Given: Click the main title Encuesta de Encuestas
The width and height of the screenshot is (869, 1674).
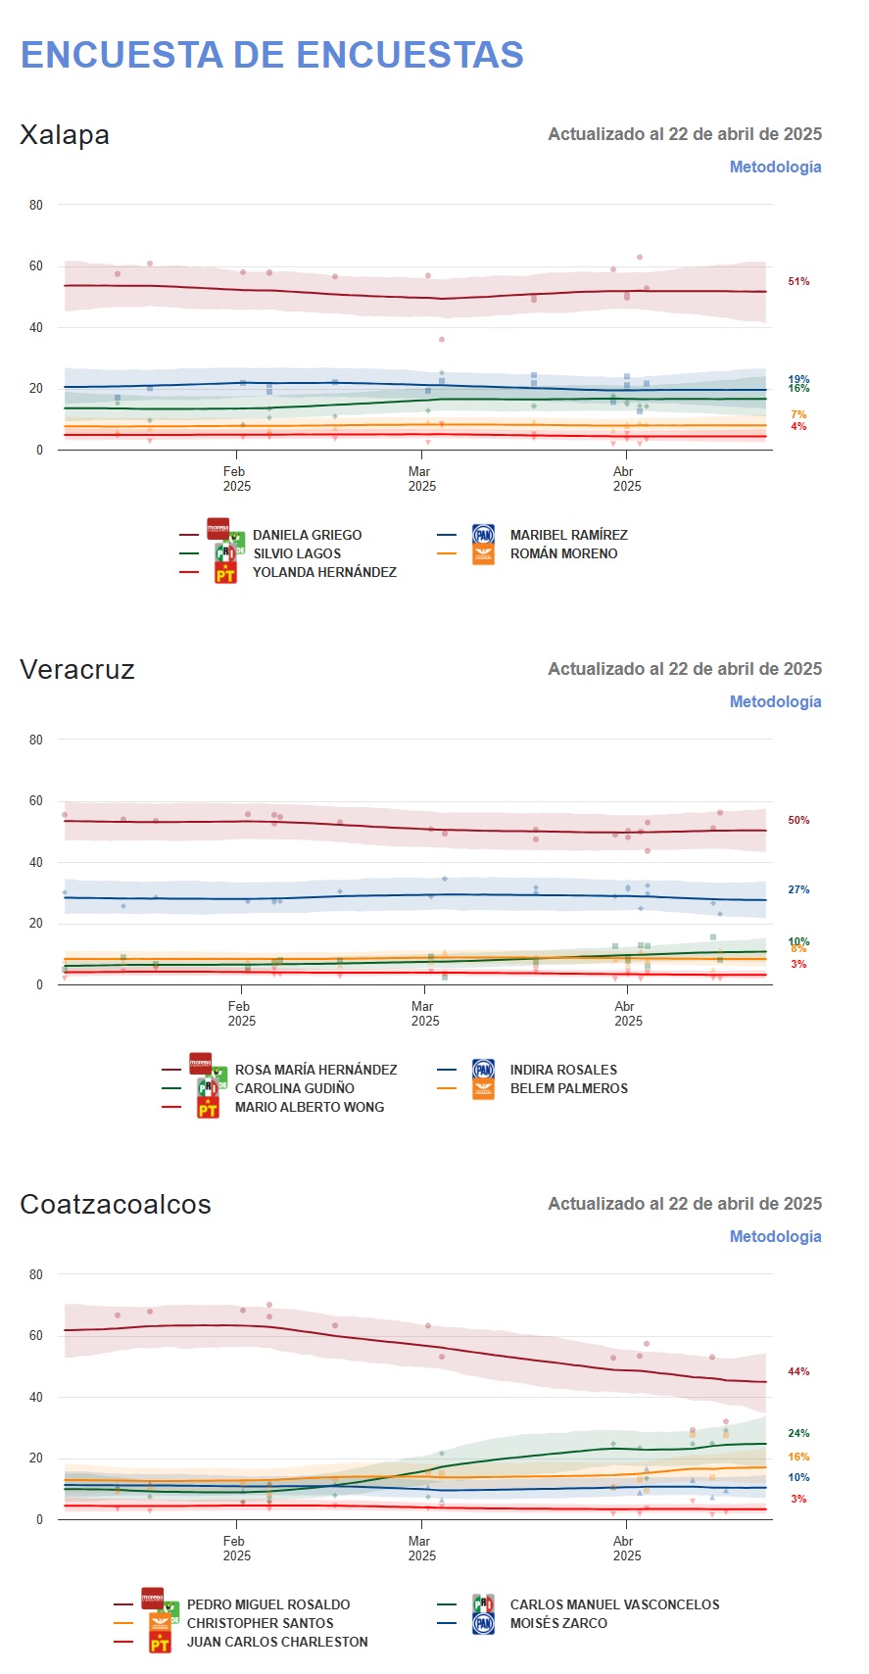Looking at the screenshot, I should pyautogui.click(x=272, y=55).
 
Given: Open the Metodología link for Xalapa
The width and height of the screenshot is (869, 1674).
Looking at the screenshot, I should pyautogui.click(x=775, y=167).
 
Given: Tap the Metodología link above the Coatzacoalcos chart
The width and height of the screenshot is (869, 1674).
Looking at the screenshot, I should pyautogui.click(x=775, y=1236).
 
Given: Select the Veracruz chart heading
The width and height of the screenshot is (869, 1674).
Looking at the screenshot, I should pyautogui.click(x=77, y=670).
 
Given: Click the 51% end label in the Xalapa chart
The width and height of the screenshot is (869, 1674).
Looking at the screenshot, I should pyautogui.click(x=798, y=282).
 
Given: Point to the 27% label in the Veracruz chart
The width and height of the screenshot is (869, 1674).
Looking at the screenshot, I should pyautogui.click(x=798, y=890).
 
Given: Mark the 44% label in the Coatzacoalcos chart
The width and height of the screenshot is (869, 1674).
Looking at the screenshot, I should pyautogui.click(x=798, y=1372).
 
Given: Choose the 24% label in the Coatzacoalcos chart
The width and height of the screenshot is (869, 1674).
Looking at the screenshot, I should pyautogui.click(x=798, y=1434).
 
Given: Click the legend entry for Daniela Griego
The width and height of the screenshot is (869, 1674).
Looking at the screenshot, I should pyautogui.click(x=307, y=535).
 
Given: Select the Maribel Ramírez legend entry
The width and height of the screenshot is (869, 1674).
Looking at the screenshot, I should pyautogui.click(x=568, y=535).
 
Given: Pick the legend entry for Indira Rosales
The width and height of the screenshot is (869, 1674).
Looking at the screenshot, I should pyautogui.click(x=563, y=1070).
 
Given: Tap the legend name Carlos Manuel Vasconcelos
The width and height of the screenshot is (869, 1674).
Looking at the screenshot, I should pyautogui.click(x=614, y=1604).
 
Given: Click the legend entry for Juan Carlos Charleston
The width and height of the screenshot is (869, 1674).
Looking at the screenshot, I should pyautogui.click(x=277, y=1642).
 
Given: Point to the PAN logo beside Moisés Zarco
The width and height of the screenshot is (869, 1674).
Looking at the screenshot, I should pyautogui.click(x=483, y=1624).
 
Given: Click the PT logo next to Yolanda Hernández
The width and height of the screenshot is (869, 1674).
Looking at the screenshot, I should pyautogui.click(x=225, y=573).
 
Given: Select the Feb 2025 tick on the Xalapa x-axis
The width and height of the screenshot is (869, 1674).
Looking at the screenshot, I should pyautogui.click(x=236, y=479).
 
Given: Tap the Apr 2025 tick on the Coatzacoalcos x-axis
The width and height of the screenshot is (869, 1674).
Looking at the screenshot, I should pyautogui.click(x=627, y=1549).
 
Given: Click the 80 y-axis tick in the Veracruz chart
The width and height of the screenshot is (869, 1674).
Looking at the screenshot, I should pyautogui.click(x=36, y=740).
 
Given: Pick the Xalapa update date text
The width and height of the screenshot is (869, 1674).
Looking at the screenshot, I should pyautogui.click(x=684, y=134).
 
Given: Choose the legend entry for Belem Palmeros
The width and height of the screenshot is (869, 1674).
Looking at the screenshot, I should pyautogui.click(x=568, y=1088).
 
